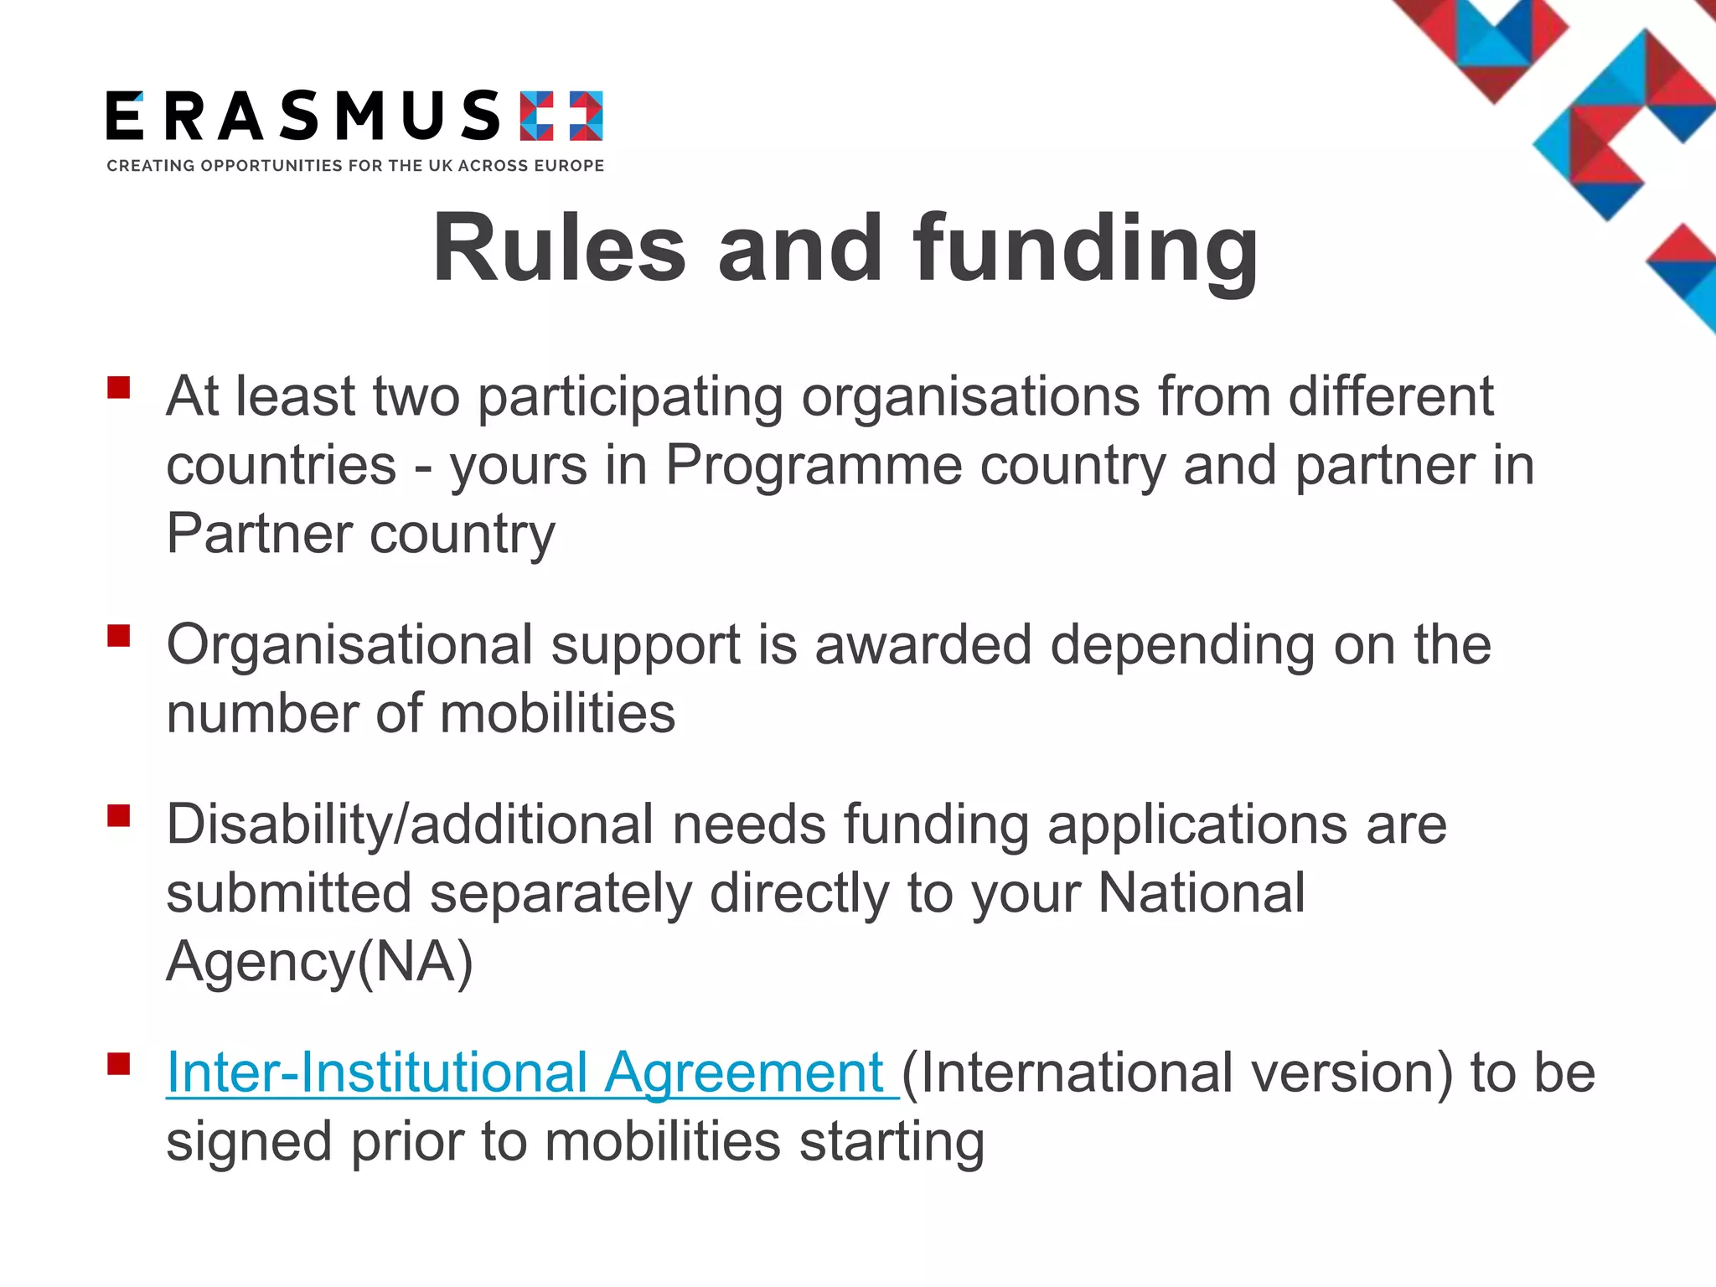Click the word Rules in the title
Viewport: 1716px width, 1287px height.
pyautogui.click(x=559, y=249)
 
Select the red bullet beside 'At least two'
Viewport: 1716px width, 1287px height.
pyautogui.click(x=119, y=387)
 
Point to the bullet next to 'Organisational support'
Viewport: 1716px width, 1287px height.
pyautogui.click(x=119, y=636)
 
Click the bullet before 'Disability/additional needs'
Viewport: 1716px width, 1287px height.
pyautogui.click(x=119, y=815)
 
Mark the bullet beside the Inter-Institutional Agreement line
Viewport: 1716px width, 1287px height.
pyautogui.click(x=119, y=1064)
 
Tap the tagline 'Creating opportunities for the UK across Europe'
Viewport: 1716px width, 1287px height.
pyautogui.click(x=355, y=166)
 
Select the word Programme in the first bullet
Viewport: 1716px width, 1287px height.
pyautogui.click(x=814, y=465)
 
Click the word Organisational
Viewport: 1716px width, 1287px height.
pyautogui.click(x=349, y=645)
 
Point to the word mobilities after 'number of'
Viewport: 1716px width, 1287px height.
pyautogui.click(x=557, y=714)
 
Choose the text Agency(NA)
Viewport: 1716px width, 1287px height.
pyautogui.click(x=319, y=962)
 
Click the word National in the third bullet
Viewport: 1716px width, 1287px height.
pyautogui.click(x=1201, y=893)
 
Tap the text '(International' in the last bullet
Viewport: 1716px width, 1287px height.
pyautogui.click(x=1067, y=1072)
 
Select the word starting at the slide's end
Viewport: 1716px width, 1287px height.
pyautogui.click(x=892, y=1142)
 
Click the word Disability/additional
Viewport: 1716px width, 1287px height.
pyautogui.click(x=410, y=824)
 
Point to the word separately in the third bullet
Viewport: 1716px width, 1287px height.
pyautogui.click(x=561, y=893)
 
